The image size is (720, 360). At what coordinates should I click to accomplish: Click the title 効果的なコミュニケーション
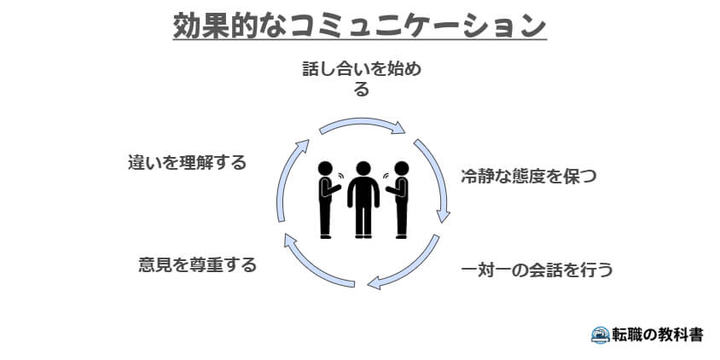[x=359, y=25]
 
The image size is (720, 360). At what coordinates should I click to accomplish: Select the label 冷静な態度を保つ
[x=528, y=177]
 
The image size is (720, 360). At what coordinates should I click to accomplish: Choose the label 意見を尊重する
[x=197, y=264]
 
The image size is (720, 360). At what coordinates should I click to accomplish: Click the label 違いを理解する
[x=186, y=161]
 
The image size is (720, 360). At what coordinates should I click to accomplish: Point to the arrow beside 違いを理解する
[x=288, y=179]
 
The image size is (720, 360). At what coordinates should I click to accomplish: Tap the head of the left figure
[x=326, y=168]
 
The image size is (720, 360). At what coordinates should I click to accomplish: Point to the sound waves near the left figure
[x=340, y=179]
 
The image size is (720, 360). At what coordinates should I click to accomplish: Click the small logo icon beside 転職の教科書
[x=600, y=334]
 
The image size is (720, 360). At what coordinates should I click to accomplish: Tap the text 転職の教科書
[x=658, y=334]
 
